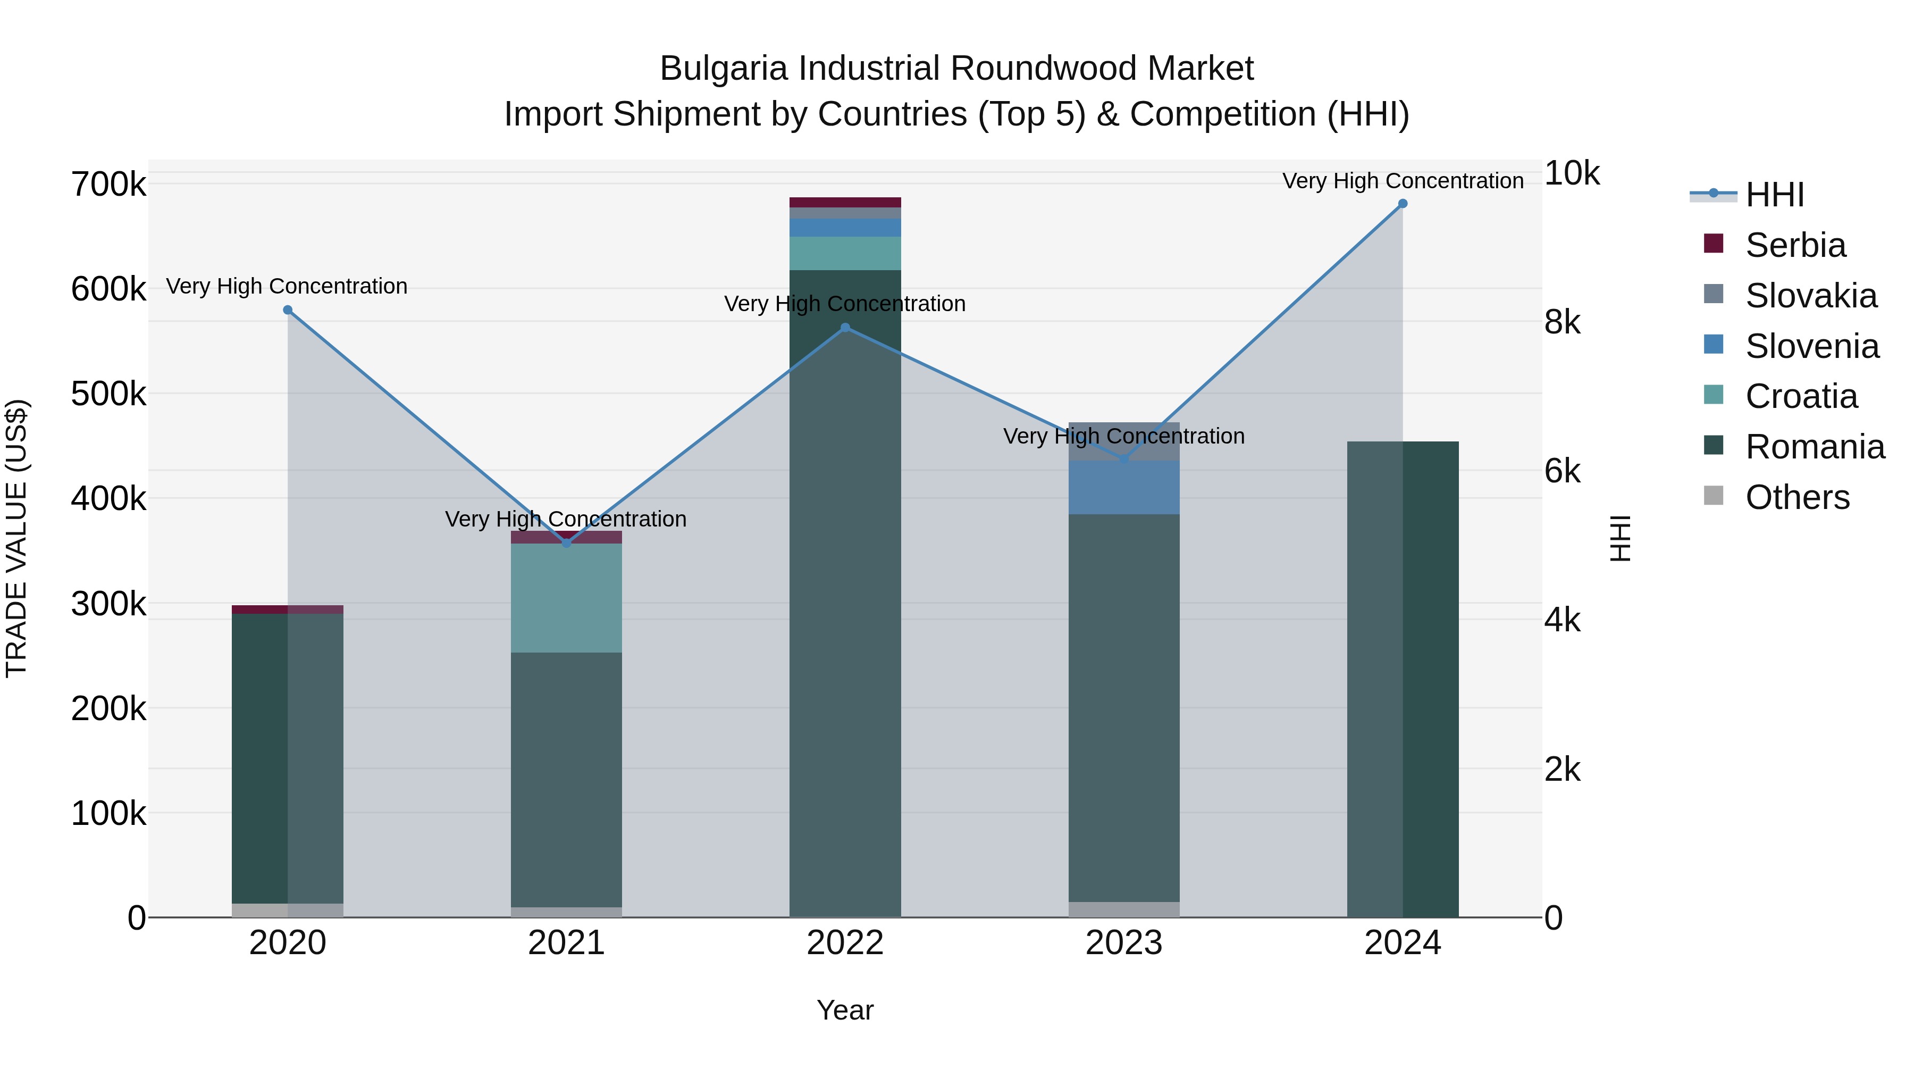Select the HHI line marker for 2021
pyautogui.click(x=566, y=544)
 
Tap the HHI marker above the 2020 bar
pyautogui.click(x=288, y=310)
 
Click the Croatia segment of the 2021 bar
pyautogui.click(x=566, y=598)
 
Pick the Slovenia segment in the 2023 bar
pyautogui.click(x=1123, y=488)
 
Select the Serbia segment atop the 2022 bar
pyautogui.click(x=845, y=202)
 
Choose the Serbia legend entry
pyautogui.click(x=1794, y=245)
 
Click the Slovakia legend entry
pyautogui.click(x=1810, y=296)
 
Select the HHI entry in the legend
pyautogui.click(x=1774, y=195)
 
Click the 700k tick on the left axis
pyautogui.click(x=108, y=185)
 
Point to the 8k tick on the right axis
pyautogui.click(x=1563, y=323)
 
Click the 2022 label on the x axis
pyautogui.click(x=845, y=943)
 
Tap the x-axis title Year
pyautogui.click(x=845, y=1010)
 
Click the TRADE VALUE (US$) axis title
pyautogui.click(x=16, y=538)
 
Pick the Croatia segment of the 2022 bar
pyautogui.click(x=845, y=254)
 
